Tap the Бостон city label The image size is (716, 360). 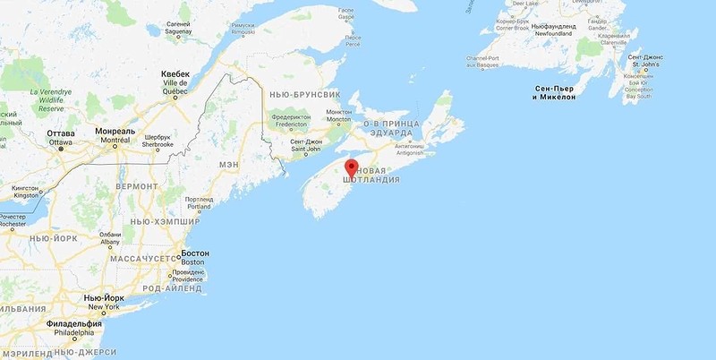coord(194,253)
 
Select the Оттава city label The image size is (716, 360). coord(61,133)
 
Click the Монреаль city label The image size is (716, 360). coord(115,132)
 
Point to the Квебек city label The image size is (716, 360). coord(175,74)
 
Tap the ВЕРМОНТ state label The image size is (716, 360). coord(136,185)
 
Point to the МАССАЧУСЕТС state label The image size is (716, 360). coord(147,258)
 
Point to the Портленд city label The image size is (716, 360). coord(199,200)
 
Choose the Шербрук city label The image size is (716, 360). coord(158,137)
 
